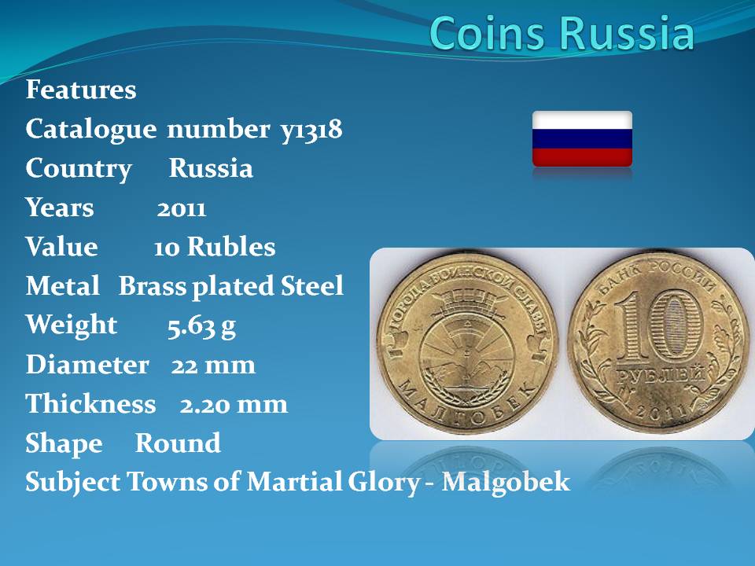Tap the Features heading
[x=81, y=90]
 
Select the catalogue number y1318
[x=311, y=130]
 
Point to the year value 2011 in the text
[x=182, y=209]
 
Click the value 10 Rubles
[x=215, y=247]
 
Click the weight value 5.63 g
[x=202, y=326]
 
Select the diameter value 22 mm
[x=213, y=366]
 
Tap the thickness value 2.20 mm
[x=234, y=405]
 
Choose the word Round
[x=178, y=443]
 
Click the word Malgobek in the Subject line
[x=506, y=482]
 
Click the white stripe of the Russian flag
[x=582, y=121]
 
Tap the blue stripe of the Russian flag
[x=582, y=139]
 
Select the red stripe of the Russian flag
[x=582, y=157]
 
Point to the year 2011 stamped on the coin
[x=661, y=412]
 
